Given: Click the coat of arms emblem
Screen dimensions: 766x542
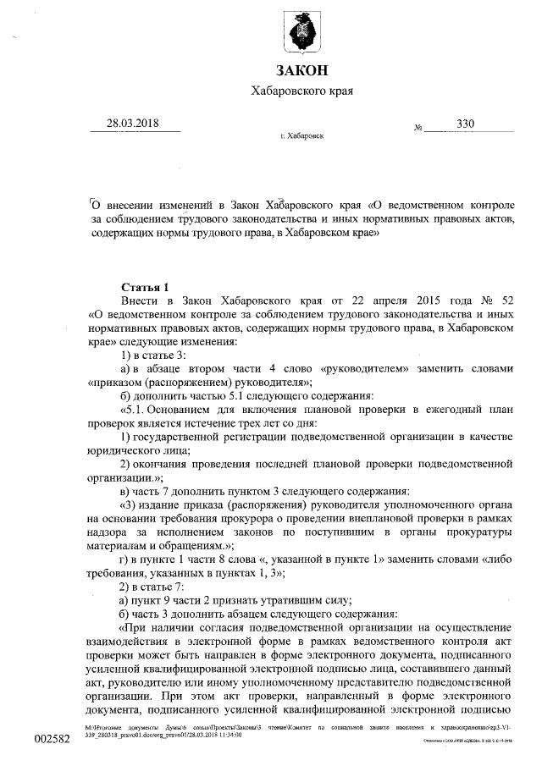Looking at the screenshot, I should pos(302,30).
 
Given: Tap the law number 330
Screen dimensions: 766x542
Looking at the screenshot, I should pos(465,124).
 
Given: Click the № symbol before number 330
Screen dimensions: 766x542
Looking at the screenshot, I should pos(418,129).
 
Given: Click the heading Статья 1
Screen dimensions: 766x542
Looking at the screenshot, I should pos(147,287).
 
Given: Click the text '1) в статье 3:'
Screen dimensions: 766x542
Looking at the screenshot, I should pos(153,355).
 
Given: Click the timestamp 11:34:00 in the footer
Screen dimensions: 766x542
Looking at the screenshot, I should pos(230,736).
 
